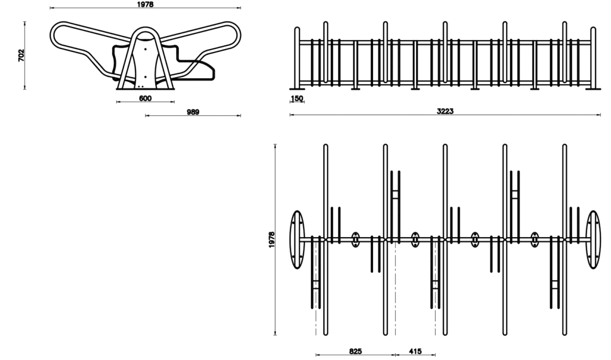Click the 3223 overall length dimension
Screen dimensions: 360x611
tap(445, 111)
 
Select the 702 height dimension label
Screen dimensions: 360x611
tap(21, 56)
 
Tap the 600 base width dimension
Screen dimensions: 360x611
tap(145, 98)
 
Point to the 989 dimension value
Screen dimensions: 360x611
tap(192, 112)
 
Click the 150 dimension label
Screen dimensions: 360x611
tap(297, 98)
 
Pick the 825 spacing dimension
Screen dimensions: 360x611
tap(355, 351)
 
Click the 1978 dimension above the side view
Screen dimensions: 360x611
tap(145, 4)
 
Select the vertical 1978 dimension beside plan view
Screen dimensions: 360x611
tap(271, 239)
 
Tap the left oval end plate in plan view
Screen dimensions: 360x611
tap(297, 239)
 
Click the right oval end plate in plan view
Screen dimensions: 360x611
tap(593, 239)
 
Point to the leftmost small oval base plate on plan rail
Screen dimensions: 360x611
tap(356, 239)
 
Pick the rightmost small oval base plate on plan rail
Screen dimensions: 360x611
tap(535, 239)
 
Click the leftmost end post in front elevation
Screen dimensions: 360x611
tap(297, 59)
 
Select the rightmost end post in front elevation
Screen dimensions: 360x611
tap(593, 59)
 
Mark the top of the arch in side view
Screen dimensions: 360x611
tap(145, 29)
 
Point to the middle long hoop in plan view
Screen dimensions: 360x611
tap(445, 239)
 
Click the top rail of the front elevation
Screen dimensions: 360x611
tap(445, 42)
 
